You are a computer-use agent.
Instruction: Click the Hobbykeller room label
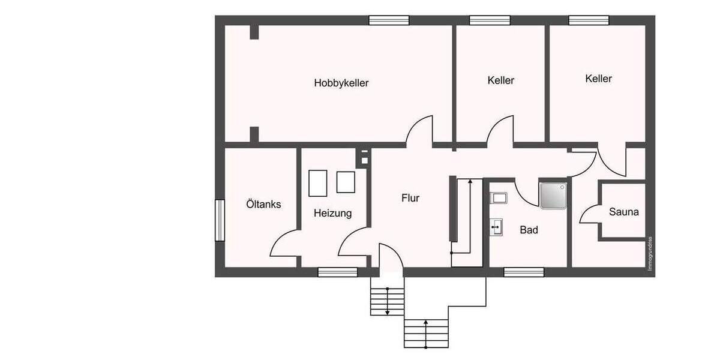pyautogui.click(x=341, y=83)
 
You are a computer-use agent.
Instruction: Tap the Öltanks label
pyautogui.click(x=263, y=205)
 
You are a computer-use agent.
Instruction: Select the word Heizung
pyautogui.click(x=332, y=213)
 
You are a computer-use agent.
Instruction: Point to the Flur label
pyautogui.click(x=410, y=198)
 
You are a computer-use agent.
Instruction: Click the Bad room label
pyautogui.click(x=529, y=230)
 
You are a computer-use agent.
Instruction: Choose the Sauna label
pyautogui.click(x=623, y=212)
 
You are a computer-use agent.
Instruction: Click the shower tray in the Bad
pyautogui.click(x=553, y=196)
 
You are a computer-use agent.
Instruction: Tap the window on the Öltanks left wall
pyautogui.click(x=220, y=220)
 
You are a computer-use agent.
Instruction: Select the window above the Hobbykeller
pyautogui.click(x=389, y=20)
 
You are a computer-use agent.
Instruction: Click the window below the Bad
pyautogui.click(x=523, y=272)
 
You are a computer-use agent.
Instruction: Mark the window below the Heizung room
pyautogui.click(x=337, y=272)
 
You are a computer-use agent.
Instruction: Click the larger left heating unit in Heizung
pyautogui.click(x=317, y=183)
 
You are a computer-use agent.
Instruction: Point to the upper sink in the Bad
pyautogui.click(x=499, y=197)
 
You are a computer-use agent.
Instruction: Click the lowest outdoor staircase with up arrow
pyautogui.click(x=426, y=333)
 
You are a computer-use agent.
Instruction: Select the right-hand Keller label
pyautogui.click(x=598, y=79)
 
